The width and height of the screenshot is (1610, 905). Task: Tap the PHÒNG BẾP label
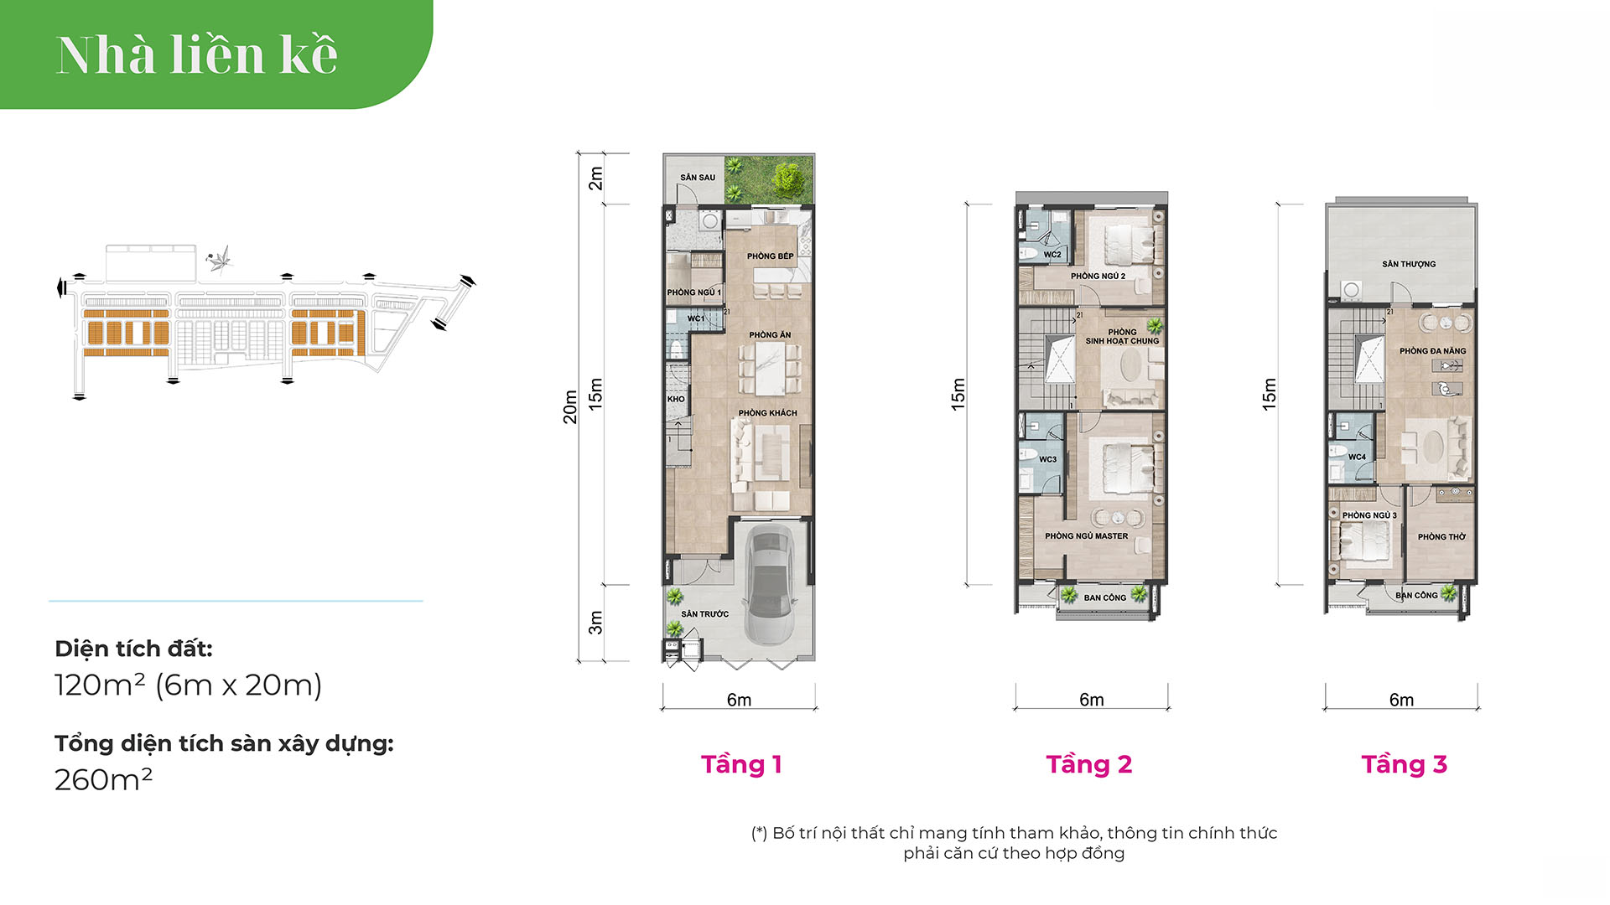[770, 256]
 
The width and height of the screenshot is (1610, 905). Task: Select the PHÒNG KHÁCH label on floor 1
[767, 413]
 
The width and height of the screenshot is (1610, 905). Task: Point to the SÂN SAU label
[698, 178]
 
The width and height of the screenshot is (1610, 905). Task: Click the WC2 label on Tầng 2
[1052, 255]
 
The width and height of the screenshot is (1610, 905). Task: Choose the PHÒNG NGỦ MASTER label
[1086, 536]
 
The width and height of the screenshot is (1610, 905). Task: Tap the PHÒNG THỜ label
[1441, 537]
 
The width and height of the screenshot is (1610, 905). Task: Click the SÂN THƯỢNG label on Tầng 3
[1409, 264]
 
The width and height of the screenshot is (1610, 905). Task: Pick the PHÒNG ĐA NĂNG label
[1432, 351]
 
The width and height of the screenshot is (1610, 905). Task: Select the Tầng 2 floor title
[1088, 764]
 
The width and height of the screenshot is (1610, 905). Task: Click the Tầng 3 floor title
[1404, 764]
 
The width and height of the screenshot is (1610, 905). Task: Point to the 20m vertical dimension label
[570, 407]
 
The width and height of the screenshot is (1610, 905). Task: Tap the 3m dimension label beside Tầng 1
[595, 623]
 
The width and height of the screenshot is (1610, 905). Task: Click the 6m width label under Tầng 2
[1091, 700]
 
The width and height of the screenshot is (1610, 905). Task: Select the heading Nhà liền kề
[197, 55]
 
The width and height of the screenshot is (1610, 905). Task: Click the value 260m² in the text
[103, 780]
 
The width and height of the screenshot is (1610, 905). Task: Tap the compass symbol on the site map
[219, 259]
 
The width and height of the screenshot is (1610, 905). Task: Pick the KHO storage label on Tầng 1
[676, 400]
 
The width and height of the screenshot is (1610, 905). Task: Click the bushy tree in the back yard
[788, 178]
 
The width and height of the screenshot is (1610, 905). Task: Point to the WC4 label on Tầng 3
[1357, 458]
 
